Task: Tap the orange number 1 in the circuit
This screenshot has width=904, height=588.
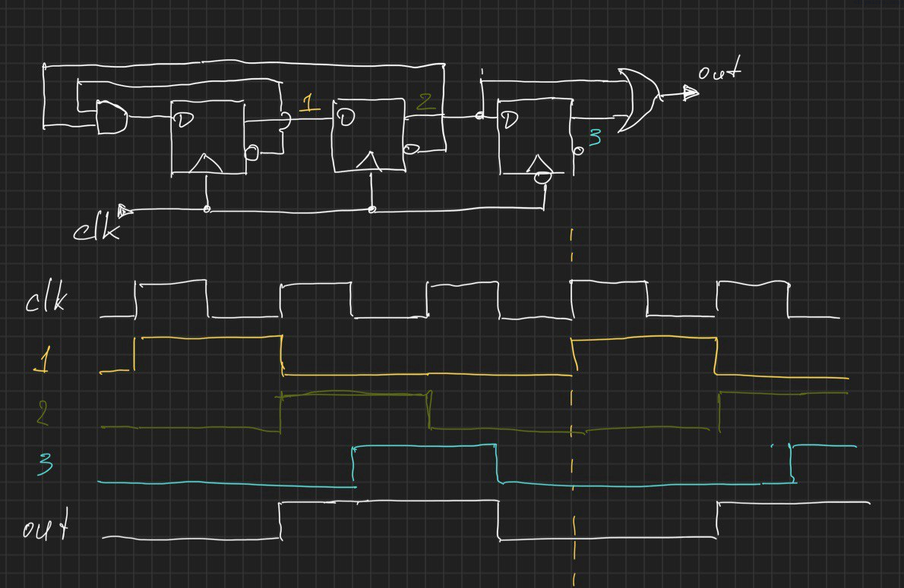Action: click(x=308, y=103)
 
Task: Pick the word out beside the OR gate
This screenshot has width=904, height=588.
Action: click(x=719, y=74)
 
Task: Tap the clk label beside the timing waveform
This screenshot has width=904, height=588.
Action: click(x=49, y=301)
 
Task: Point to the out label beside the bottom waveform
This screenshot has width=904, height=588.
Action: click(x=45, y=526)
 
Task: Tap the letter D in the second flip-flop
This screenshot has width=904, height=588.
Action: click(x=346, y=118)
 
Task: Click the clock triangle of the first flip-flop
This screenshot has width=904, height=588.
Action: click(x=206, y=162)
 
